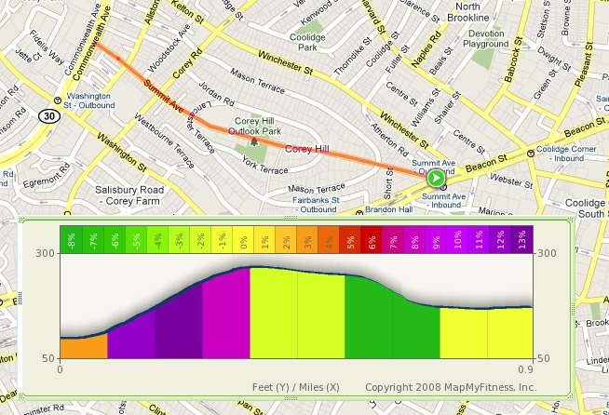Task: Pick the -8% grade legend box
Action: tap(71, 239)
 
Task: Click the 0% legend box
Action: tap(243, 239)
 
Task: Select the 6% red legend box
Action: tap(372, 239)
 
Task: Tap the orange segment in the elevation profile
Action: tap(83, 347)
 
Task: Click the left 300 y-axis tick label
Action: tap(44, 253)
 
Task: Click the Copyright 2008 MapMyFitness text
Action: tap(451, 386)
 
